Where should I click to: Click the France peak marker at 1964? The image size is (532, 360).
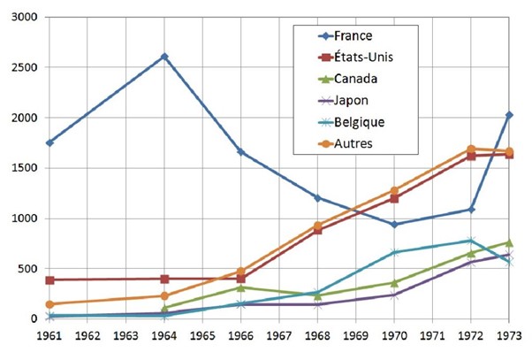pos(164,57)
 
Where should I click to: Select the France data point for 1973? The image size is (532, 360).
pos(508,115)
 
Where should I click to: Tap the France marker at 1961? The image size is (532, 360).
pos(49,142)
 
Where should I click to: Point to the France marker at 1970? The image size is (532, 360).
pos(394,225)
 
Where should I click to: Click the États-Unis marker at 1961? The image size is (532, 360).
pos(49,280)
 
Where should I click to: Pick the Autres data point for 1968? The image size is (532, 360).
pos(317,226)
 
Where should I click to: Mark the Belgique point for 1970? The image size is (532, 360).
pos(394,253)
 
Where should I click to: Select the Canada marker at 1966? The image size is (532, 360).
pos(241,287)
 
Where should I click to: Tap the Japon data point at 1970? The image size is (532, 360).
pos(394,295)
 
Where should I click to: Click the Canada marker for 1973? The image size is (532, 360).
pos(508,242)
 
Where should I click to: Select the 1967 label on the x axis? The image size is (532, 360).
pos(279,336)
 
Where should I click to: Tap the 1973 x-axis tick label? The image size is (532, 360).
pos(508,336)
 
